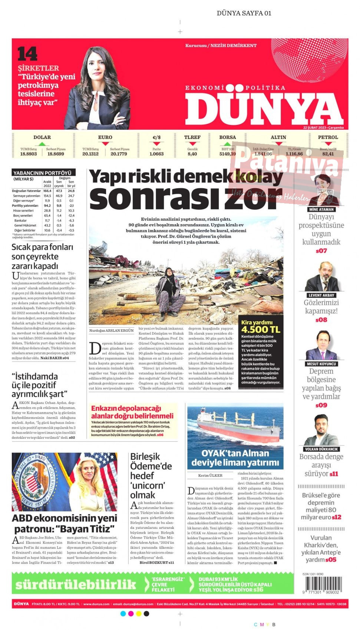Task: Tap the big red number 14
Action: [27, 54]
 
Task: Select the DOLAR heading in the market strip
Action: [42, 137]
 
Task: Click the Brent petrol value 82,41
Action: [328, 154]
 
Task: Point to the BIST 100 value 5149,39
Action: [227, 154]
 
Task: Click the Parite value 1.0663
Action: [156, 154]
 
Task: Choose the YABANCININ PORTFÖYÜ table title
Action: [42, 173]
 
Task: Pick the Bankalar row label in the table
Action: [20, 220]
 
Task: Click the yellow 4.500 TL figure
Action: [261, 329]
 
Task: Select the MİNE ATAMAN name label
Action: [321, 209]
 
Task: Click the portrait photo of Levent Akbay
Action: [322, 277]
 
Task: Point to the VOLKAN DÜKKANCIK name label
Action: [321, 449]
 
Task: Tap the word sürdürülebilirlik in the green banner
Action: [76, 584]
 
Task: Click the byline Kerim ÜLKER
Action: [210, 475]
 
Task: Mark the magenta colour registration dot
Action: [131, 614]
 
